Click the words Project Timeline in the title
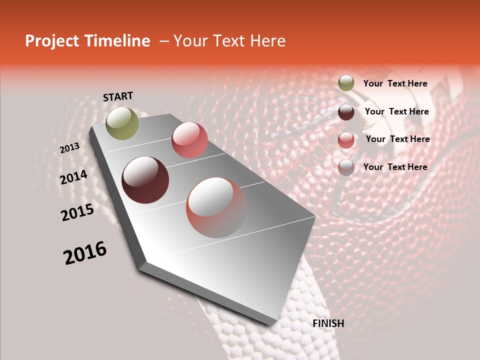click(x=87, y=41)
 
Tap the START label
click(x=118, y=96)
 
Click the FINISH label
click(x=328, y=323)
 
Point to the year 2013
click(x=69, y=148)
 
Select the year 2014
click(x=73, y=177)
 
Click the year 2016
click(x=85, y=253)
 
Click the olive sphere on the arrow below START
click(x=122, y=123)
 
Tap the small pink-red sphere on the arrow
click(x=189, y=140)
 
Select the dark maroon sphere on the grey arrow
click(x=145, y=180)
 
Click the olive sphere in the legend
click(x=346, y=83)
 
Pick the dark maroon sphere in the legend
click(x=346, y=112)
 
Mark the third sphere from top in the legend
click(x=346, y=140)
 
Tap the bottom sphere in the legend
click(x=346, y=167)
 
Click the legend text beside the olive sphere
click(x=395, y=83)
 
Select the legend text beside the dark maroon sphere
click(x=396, y=111)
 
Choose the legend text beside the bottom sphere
click(x=395, y=167)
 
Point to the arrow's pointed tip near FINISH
click(x=270, y=325)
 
